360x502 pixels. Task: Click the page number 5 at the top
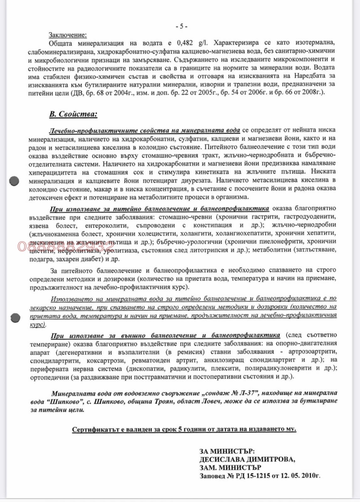point(181,26)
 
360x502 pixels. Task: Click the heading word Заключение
point(67,35)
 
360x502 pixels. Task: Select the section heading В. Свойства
point(73,114)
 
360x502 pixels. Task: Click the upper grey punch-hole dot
point(14,181)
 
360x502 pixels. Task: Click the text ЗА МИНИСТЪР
point(227,451)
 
